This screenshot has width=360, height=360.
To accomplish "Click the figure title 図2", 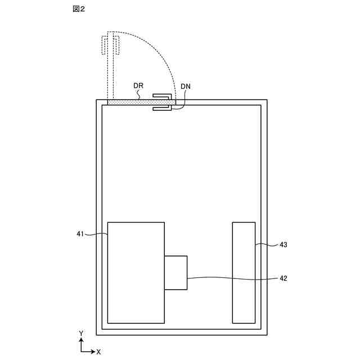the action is [x=79, y=10].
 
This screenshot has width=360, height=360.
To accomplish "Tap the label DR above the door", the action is [x=139, y=86].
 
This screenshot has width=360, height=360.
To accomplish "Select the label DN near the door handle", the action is [x=186, y=87].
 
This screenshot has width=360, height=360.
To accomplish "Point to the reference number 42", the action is [x=283, y=278].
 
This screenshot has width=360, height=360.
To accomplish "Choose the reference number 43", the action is [x=283, y=245].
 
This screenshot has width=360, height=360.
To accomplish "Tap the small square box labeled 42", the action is [x=175, y=272].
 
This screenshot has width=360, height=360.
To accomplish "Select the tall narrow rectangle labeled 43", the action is [x=244, y=272].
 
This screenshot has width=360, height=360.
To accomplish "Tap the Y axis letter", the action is [x=81, y=334].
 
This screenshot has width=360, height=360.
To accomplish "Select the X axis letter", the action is [x=98, y=352].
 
